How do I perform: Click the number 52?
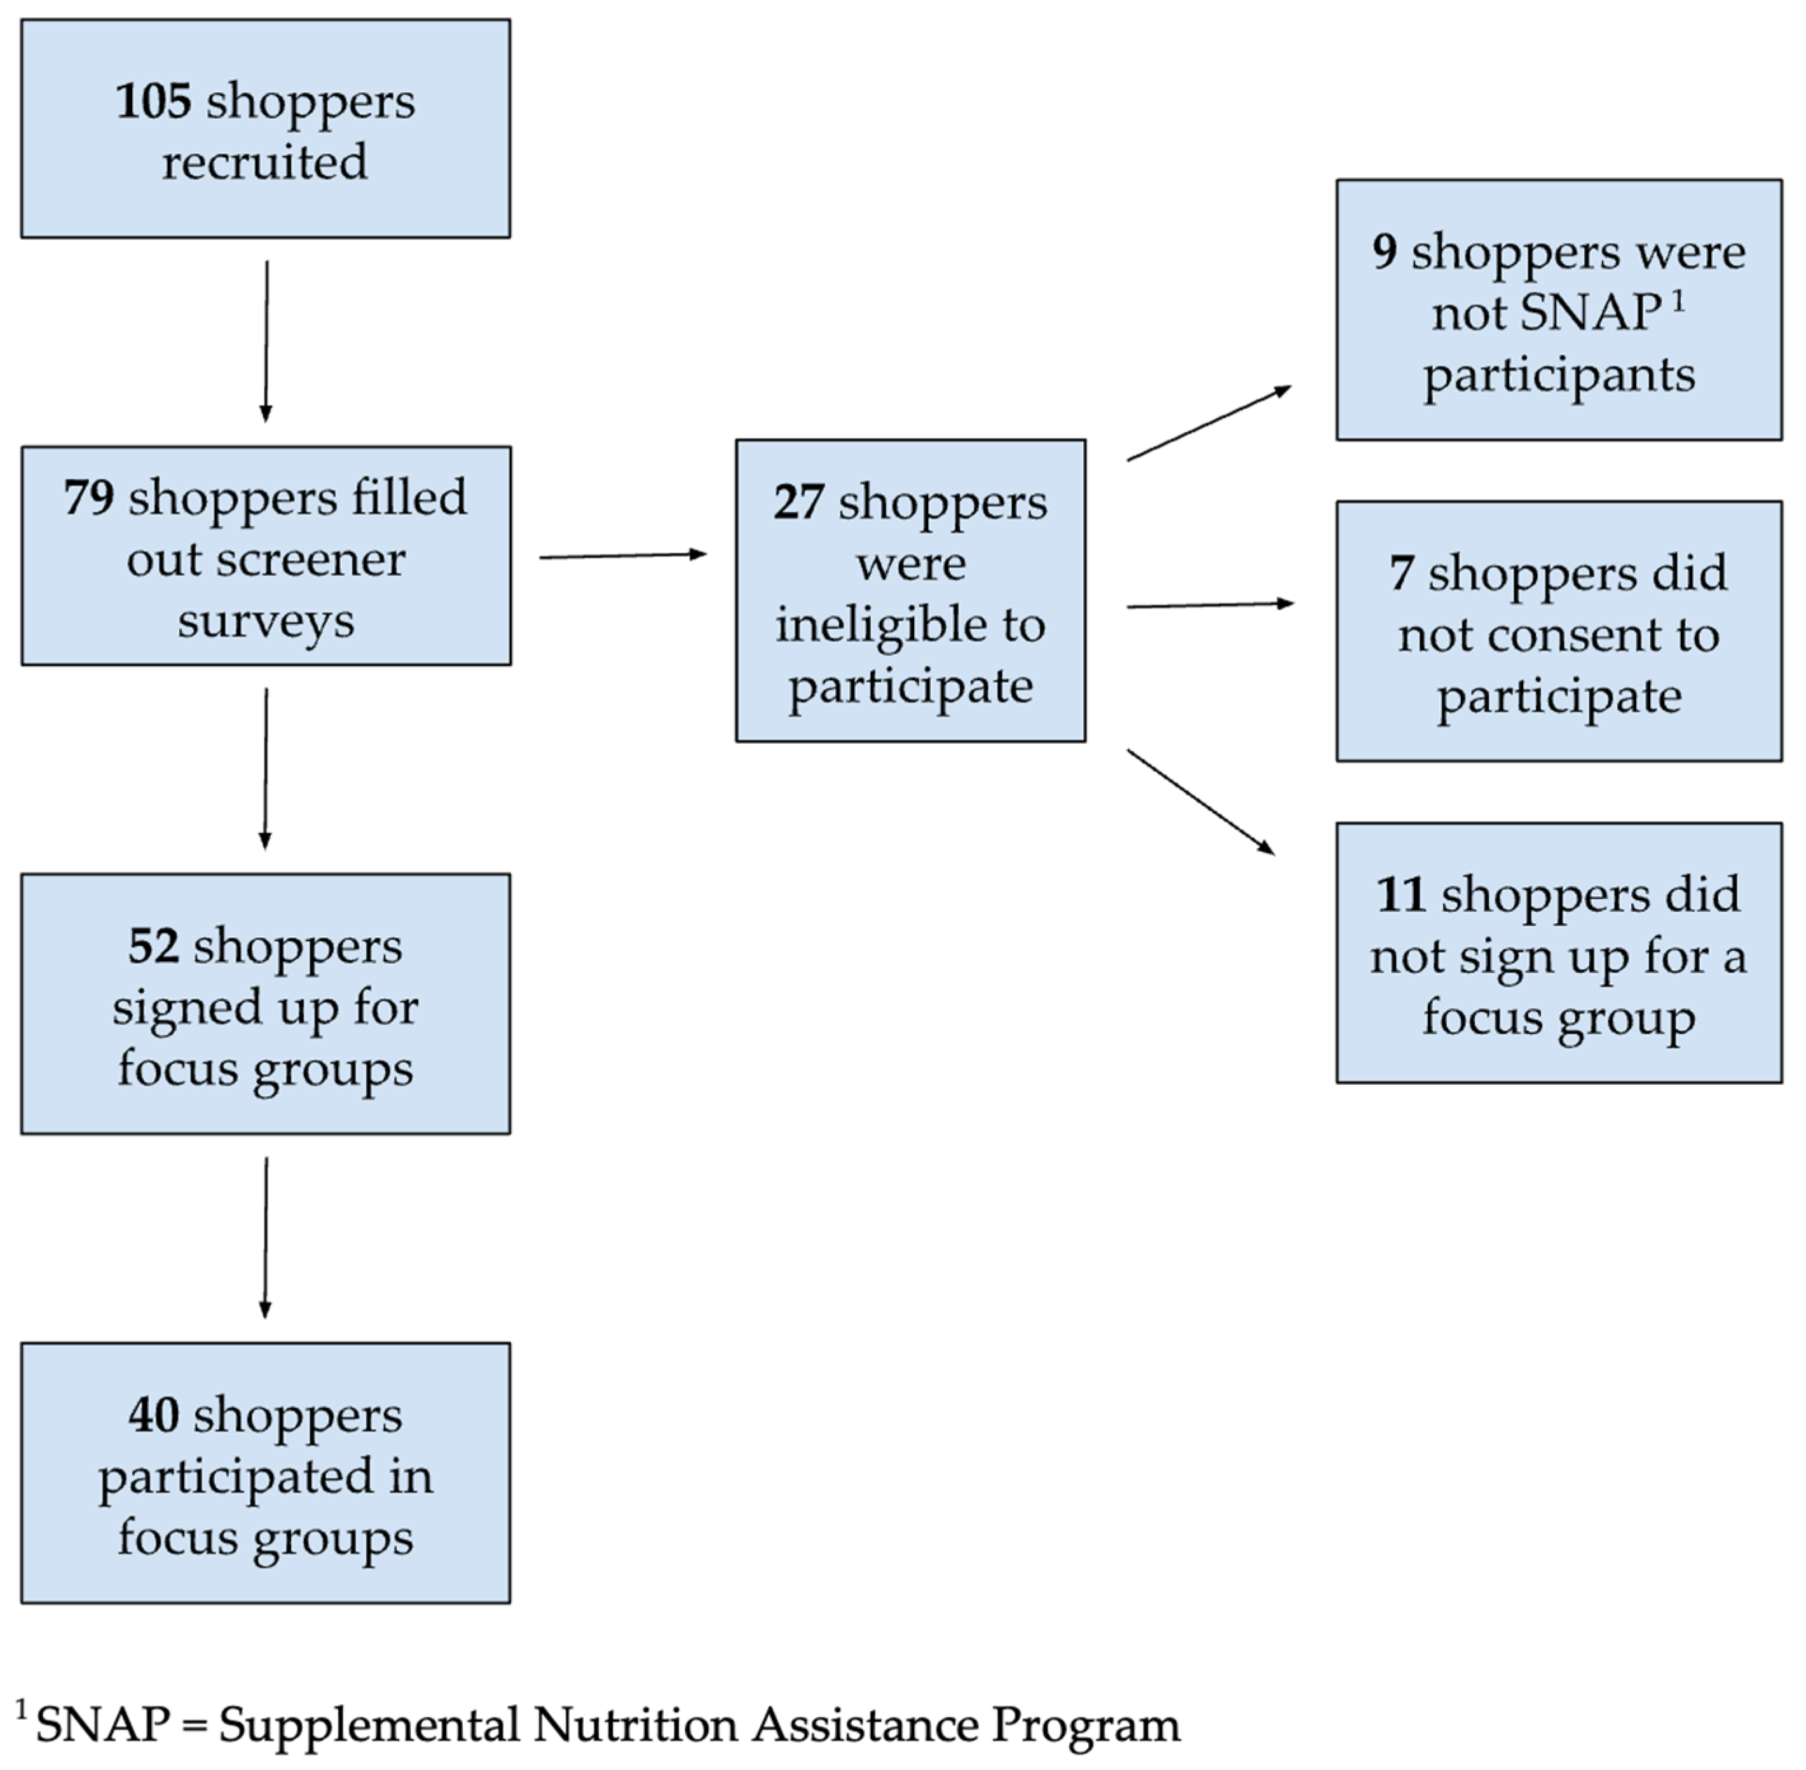[153, 947]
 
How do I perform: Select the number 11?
[1400, 895]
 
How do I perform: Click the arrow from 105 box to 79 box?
[267, 341]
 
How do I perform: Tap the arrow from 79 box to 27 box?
[623, 556]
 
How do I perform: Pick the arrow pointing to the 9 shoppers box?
[1208, 423]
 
